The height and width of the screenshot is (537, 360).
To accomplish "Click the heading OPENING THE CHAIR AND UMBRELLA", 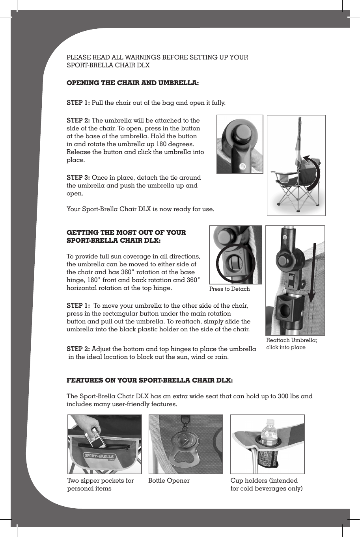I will pyautogui.click(x=132, y=83).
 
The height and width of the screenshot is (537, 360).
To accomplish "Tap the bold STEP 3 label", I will pyautogui.click(x=78, y=178).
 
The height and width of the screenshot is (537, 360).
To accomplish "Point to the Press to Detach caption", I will pyautogui.click(x=229, y=289).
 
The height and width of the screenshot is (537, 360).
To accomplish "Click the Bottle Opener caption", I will pyautogui.click(x=169, y=481).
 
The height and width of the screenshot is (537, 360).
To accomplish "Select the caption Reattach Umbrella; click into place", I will pyautogui.click(x=291, y=344).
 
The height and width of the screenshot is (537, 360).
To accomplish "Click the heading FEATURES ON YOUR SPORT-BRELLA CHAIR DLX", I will pyautogui.click(x=149, y=381).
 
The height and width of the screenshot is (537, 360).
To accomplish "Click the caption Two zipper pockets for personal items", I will pyautogui.click(x=101, y=485).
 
